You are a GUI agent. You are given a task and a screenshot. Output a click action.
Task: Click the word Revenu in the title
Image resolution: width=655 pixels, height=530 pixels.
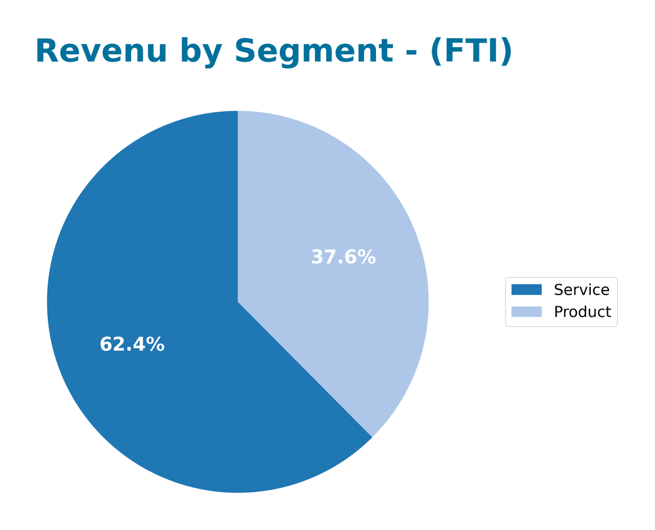101,52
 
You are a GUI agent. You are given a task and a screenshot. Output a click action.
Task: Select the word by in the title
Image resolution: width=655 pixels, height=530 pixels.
201,52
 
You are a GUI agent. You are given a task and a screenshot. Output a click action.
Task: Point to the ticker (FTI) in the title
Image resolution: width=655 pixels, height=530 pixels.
470,52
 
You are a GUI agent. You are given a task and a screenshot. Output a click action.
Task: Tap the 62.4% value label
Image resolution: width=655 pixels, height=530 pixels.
132,344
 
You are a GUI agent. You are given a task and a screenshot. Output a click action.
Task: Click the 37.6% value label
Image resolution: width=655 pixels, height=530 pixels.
343,257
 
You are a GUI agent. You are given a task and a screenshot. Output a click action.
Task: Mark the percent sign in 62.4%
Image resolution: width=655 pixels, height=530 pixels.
155,344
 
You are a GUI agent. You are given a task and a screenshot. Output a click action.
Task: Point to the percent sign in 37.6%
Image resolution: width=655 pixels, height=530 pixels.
367,257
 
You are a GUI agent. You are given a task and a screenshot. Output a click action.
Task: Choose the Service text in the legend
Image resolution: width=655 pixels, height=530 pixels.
581,290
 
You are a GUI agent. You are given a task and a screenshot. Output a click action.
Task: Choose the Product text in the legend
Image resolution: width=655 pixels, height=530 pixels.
582,312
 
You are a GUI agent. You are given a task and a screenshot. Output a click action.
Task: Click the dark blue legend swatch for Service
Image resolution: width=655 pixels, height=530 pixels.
526,290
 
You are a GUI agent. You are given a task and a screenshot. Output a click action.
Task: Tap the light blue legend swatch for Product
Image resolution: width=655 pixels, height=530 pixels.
526,312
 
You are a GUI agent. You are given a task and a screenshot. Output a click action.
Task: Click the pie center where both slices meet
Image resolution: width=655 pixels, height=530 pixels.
238,302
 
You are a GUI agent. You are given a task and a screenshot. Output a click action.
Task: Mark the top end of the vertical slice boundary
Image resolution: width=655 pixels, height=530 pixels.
238,112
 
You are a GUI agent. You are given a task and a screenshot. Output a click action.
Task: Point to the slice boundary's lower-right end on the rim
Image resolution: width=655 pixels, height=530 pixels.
371,437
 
